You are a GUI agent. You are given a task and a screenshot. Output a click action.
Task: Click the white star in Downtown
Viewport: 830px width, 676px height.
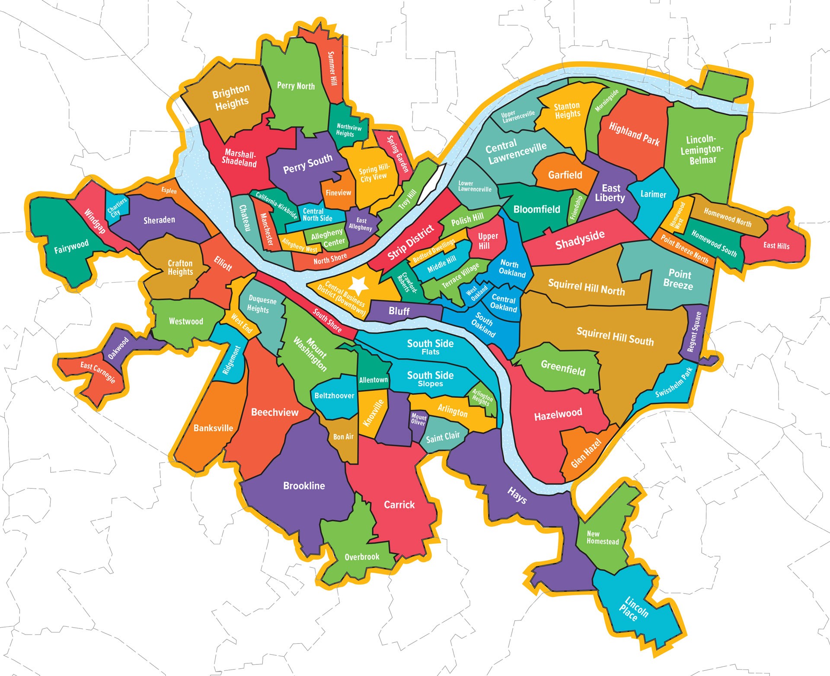point(358,285)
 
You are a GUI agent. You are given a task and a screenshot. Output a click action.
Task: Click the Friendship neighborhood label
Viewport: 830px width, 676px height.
point(576,208)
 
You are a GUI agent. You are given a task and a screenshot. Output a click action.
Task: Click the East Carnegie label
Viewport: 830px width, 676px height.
point(98,372)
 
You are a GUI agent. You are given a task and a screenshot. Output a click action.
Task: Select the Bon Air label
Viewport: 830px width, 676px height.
point(343,437)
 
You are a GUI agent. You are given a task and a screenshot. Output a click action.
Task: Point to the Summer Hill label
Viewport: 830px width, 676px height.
point(331,68)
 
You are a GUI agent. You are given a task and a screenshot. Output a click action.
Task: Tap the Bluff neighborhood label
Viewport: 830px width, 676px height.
point(399,311)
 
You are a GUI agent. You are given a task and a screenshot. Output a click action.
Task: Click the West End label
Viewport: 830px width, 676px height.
point(241,323)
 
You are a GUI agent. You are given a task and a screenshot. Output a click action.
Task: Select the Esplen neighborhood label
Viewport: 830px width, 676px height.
point(169,190)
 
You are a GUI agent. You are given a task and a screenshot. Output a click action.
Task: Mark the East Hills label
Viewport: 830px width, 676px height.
point(776,246)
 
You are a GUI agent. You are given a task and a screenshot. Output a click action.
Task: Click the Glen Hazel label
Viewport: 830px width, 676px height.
point(586,453)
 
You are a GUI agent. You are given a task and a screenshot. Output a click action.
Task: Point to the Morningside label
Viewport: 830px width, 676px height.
point(607,101)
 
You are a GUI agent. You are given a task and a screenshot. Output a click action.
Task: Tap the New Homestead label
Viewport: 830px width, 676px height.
point(603,537)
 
